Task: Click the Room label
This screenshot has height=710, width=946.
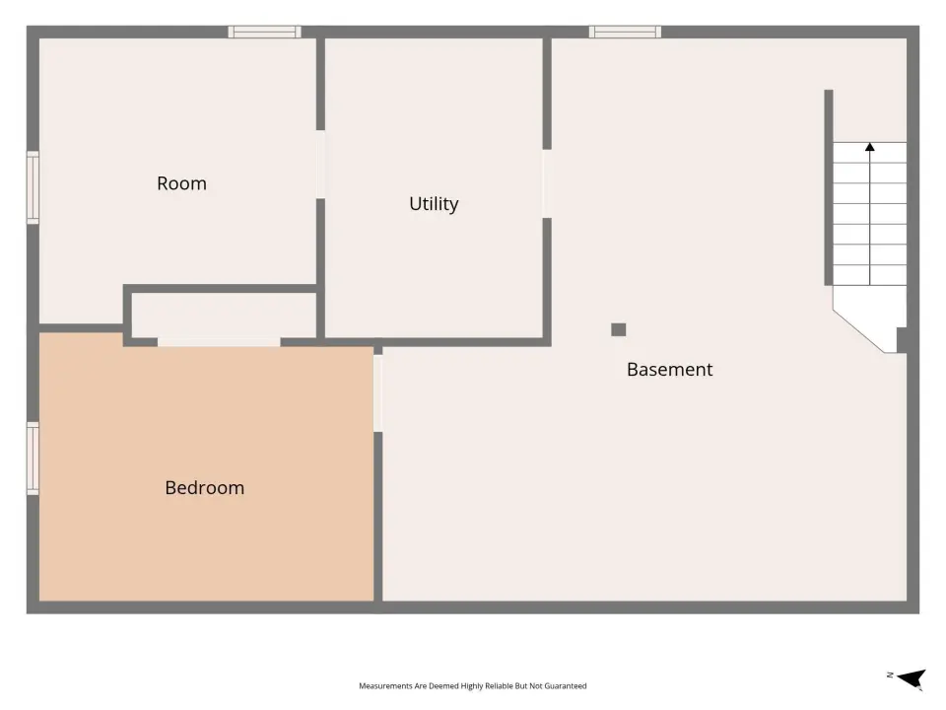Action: (x=181, y=183)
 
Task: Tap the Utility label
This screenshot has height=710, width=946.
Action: (x=434, y=204)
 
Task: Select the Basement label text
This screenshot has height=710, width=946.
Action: (x=670, y=370)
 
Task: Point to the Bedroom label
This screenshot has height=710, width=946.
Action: (x=205, y=488)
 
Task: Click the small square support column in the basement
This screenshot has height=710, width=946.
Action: (x=619, y=329)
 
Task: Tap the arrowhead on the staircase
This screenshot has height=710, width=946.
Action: (x=869, y=147)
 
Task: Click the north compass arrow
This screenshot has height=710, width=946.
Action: (x=912, y=678)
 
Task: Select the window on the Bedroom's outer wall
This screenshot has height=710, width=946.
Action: (x=33, y=459)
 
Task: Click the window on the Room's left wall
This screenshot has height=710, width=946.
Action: (x=33, y=187)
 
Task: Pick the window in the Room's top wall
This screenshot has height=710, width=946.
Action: (x=264, y=32)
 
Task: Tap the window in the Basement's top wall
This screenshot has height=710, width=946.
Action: (x=625, y=32)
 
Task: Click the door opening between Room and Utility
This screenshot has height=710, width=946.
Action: (x=320, y=165)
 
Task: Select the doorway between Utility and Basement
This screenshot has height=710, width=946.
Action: (x=547, y=183)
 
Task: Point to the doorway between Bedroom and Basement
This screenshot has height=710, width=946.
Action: (x=377, y=393)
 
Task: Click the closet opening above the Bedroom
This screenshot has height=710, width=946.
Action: (x=219, y=342)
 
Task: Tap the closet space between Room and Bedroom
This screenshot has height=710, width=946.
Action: (x=224, y=316)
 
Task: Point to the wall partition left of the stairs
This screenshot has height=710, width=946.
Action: (x=829, y=187)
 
